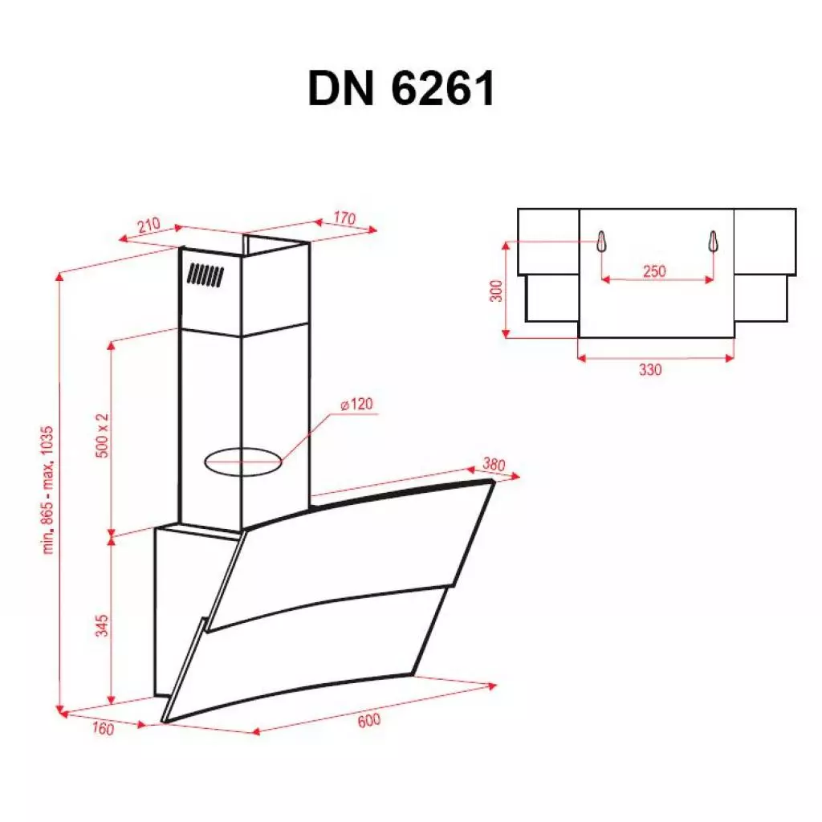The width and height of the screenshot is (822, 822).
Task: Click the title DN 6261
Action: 401,89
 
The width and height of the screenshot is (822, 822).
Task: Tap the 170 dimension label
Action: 344,218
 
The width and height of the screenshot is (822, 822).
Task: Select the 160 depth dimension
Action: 104,729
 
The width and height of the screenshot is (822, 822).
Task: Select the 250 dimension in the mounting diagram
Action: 654,271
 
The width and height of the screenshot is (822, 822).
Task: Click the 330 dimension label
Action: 650,370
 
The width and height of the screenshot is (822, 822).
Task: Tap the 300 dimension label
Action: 496,291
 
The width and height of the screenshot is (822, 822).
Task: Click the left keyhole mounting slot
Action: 600,242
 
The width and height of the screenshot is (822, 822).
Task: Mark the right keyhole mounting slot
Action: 712,242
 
